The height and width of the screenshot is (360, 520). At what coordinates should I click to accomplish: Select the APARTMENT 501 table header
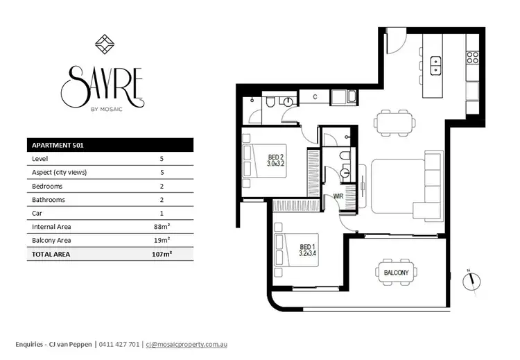point(59,145)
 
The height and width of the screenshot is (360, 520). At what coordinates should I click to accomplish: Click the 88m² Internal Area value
point(162,227)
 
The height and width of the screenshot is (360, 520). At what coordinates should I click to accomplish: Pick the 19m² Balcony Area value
point(162,241)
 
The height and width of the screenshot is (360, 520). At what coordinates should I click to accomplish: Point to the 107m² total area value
point(161,255)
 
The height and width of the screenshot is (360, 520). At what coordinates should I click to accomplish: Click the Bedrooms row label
point(48,186)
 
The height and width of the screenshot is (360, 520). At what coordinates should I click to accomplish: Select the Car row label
point(37,213)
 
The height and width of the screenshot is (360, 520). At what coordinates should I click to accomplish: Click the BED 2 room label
point(276,161)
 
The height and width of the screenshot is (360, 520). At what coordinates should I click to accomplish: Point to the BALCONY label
point(397,273)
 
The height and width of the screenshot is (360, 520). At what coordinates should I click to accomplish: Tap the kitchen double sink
point(437,65)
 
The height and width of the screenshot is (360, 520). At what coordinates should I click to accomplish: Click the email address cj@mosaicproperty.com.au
point(187,343)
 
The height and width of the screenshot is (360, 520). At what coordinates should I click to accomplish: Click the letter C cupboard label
point(314,96)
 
